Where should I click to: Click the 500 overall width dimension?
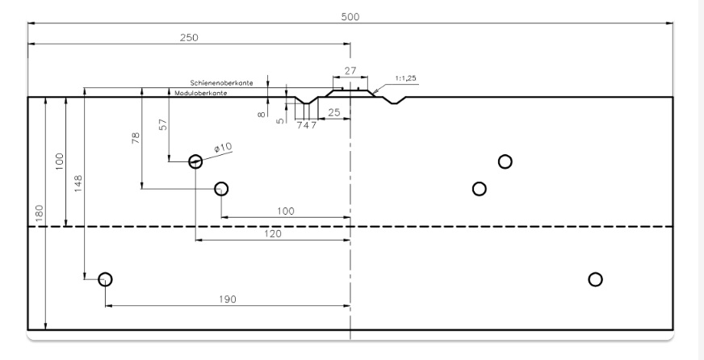pyautogui.click(x=350, y=17)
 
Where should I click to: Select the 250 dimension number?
pyautogui.click(x=189, y=38)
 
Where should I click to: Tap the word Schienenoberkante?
pyautogui.click(x=221, y=83)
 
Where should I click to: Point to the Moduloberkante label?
pyautogui.click(x=201, y=93)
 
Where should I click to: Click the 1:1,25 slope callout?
pyautogui.click(x=406, y=78)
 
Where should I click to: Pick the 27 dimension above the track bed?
pyautogui.click(x=350, y=71)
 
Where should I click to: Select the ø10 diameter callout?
pyautogui.click(x=223, y=148)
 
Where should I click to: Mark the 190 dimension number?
pyautogui.click(x=228, y=299)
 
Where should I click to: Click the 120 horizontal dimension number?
pyautogui.click(x=273, y=234)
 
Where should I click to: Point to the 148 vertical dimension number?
pyautogui.click(x=78, y=183)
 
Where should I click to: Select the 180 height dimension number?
pyautogui.click(x=40, y=213)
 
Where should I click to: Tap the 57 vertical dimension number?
pyautogui.click(x=163, y=124)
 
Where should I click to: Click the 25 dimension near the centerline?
pyautogui.click(x=334, y=113)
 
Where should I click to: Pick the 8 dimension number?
pyautogui.click(x=262, y=115)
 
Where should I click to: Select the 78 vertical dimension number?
pyautogui.click(x=136, y=138)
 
